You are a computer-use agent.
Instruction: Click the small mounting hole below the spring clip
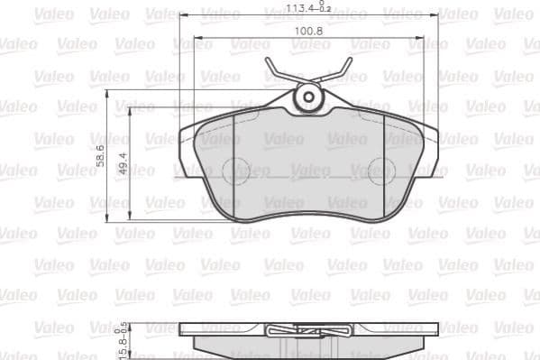(x=308, y=96)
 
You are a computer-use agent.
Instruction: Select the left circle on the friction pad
(x=235, y=170)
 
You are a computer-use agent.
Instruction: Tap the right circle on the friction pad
(x=381, y=170)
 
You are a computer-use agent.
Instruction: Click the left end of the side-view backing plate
(x=184, y=333)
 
